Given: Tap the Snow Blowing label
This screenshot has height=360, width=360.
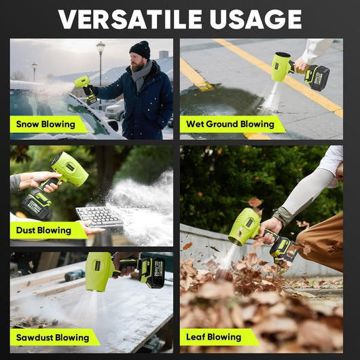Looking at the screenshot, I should tap(46, 124).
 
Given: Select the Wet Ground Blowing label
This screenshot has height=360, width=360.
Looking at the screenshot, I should tap(230, 124).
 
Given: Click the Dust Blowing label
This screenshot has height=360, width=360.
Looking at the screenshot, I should tap(45, 230).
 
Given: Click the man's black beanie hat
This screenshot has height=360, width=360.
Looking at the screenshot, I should tap(140, 49).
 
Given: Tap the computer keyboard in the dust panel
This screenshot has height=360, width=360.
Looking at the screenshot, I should tap(99, 216).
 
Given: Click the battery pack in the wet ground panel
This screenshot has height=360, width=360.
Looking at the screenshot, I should tap(317, 77).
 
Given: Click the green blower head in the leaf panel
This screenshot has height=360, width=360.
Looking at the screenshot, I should tap(243, 228).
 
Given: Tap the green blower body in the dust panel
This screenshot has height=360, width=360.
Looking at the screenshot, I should tap(69, 170).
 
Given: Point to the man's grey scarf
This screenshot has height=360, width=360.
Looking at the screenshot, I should tap(141, 71).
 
